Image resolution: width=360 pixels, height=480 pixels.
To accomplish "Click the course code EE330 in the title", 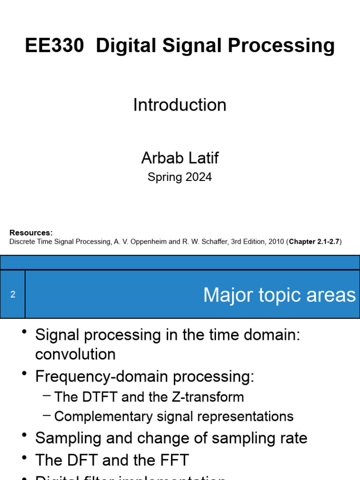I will click(x=54, y=46).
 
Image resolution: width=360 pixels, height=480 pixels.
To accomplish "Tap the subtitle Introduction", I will click(x=180, y=105).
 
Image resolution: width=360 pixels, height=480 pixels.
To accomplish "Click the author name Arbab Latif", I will click(x=180, y=158).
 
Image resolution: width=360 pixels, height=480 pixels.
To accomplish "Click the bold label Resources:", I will click(x=31, y=233).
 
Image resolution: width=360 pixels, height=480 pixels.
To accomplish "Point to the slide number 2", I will click(x=13, y=295).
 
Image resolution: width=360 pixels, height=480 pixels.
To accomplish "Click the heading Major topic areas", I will click(x=279, y=295).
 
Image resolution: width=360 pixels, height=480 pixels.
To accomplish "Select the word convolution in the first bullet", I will click(x=75, y=354).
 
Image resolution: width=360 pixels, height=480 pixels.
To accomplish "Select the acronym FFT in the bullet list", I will click(x=173, y=460).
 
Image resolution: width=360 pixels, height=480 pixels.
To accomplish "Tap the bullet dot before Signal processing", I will click(x=24, y=332).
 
